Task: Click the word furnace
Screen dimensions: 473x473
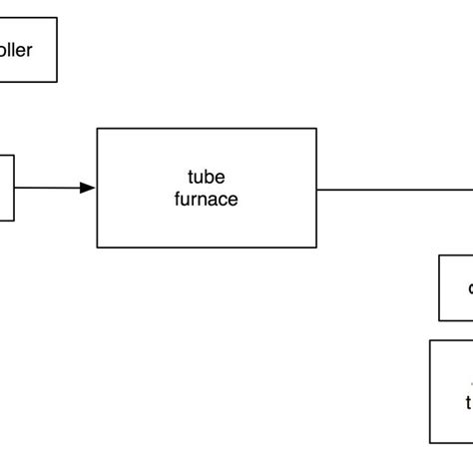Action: (207, 199)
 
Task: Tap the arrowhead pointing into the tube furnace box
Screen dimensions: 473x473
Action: (89, 188)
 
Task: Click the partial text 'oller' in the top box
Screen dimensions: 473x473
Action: (17, 49)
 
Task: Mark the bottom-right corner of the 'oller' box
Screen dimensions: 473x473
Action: (57, 82)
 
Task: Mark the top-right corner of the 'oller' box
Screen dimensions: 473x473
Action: (57, 17)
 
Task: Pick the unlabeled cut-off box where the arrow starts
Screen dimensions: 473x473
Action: (6, 188)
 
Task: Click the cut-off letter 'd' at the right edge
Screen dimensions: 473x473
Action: (469, 288)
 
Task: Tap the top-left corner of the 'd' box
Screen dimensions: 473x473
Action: (439, 255)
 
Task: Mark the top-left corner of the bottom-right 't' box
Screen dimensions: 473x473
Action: (430, 340)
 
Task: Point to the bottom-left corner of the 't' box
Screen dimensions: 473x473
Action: (430, 443)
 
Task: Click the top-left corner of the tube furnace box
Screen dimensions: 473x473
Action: (97, 128)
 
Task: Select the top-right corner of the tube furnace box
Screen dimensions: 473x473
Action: (317, 128)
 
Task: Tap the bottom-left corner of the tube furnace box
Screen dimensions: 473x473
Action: (97, 247)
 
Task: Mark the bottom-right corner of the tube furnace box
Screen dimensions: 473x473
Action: (317, 247)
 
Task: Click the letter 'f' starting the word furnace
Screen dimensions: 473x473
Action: (178, 199)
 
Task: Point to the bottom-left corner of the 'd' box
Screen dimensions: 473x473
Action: (439, 321)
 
